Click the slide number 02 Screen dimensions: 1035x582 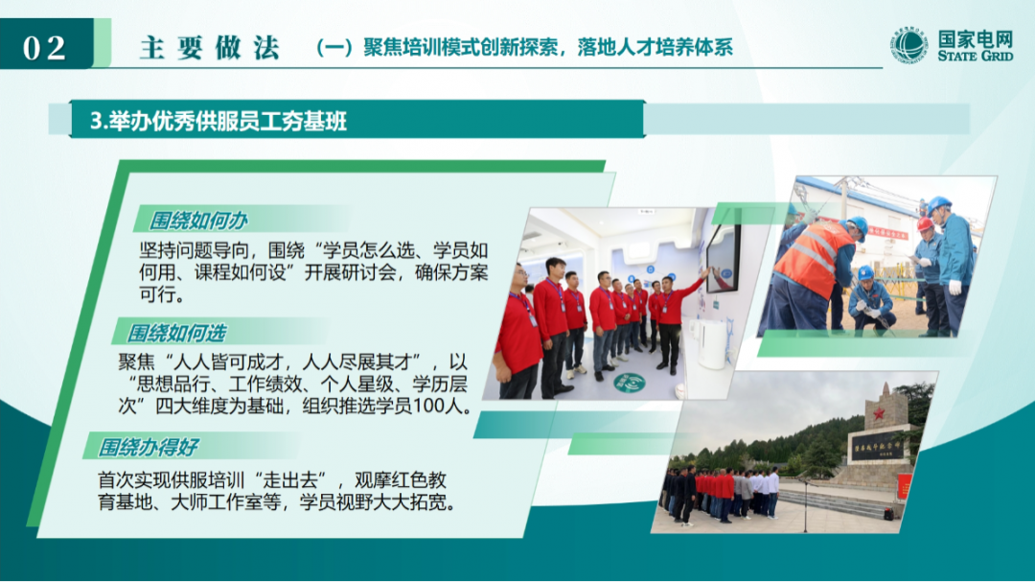point(44,48)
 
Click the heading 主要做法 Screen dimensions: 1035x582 point(209,48)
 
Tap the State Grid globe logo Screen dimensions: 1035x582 point(908,46)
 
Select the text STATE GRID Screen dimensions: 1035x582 point(975,57)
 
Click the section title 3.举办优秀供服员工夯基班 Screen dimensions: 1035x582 point(218,121)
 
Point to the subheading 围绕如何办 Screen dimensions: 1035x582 point(198,221)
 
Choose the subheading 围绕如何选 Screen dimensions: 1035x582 point(176,334)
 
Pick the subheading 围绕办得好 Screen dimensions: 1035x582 point(148,448)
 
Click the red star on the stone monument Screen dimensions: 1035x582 point(879,413)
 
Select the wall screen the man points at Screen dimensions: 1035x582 point(723,258)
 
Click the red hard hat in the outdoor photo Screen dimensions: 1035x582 point(926,223)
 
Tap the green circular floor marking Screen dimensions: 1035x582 point(629,384)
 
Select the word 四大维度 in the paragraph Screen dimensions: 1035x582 point(192,406)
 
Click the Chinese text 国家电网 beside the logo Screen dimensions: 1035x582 point(975,39)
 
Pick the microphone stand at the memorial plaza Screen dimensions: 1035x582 point(805,503)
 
